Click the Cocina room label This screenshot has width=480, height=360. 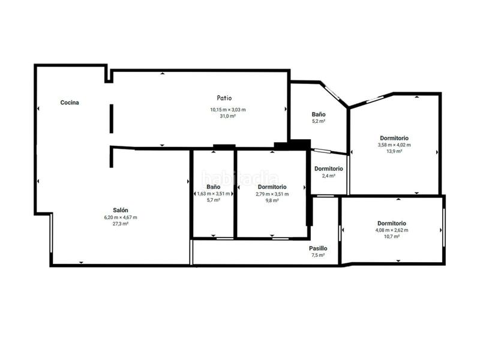pyautogui.click(x=70, y=103)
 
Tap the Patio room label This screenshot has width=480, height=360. pyautogui.click(x=224, y=98)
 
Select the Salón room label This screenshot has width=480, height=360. pyautogui.click(x=121, y=210)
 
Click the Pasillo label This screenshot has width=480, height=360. pyautogui.click(x=318, y=248)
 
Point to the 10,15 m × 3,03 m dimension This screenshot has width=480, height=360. pyautogui.click(x=228, y=109)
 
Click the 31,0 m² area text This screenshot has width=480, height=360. pyautogui.click(x=228, y=116)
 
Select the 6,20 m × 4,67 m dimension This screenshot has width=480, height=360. pyautogui.click(x=121, y=217)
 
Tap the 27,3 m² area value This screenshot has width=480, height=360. pyautogui.click(x=121, y=224)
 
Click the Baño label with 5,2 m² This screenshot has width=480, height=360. pyautogui.click(x=319, y=114)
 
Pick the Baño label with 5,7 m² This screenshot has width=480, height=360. pyautogui.click(x=213, y=187)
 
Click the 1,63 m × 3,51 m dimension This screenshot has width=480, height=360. pyautogui.click(x=213, y=194)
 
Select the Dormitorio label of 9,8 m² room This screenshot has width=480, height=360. pyautogui.click(x=272, y=187)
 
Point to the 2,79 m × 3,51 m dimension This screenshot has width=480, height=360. pyautogui.click(x=272, y=194)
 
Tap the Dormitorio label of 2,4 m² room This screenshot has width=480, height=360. pyautogui.click(x=329, y=169)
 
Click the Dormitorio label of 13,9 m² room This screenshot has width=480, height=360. pyautogui.click(x=394, y=137)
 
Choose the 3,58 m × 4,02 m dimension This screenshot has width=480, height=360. pyautogui.click(x=394, y=145)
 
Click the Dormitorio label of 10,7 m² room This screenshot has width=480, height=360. pyautogui.click(x=391, y=223)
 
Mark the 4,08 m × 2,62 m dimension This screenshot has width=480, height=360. pyautogui.click(x=391, y=230)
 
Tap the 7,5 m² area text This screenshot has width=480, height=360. pyautogui.click(x=318, y=255)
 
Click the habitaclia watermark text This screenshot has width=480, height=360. pyautogui.click(x=240, y=178)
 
